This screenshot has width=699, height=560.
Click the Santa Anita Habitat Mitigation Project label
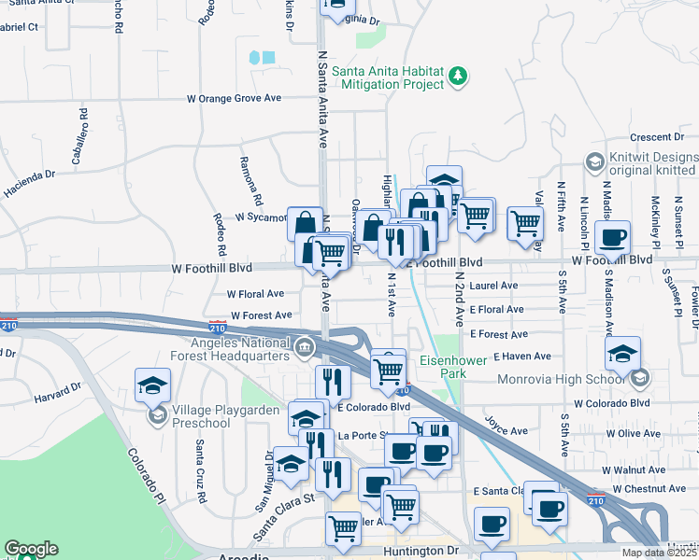coord(384,77)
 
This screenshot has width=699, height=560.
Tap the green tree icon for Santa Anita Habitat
coord(457,75)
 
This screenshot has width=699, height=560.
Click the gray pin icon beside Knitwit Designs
coord(593,163)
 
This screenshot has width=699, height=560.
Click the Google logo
coord(31,549)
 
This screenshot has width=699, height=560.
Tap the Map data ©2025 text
coord(659,553)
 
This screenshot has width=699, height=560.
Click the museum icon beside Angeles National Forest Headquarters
coord(305,350)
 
